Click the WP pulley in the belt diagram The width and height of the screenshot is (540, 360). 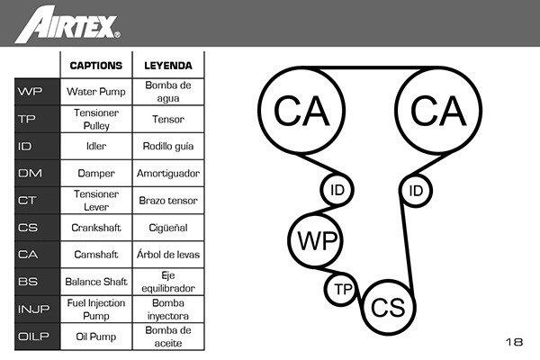[318, 242]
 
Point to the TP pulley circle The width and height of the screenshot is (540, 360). [342, 289]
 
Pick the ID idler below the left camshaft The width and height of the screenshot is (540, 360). [337, 190]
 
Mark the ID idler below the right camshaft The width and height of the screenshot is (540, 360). [416, 190]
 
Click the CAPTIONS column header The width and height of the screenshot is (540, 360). [95, 66]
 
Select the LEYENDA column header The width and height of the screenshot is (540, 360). [168, 66]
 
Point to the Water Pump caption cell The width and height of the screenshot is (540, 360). [95, 91]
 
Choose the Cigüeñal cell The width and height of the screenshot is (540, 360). [168, 228]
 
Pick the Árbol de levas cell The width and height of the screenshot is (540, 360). [168, 255]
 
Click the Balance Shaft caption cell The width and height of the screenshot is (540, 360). [95, 282]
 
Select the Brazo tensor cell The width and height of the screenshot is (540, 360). [168, 200]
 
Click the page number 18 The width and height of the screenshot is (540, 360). [514, 342]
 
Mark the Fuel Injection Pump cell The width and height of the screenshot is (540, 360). [95, 309]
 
